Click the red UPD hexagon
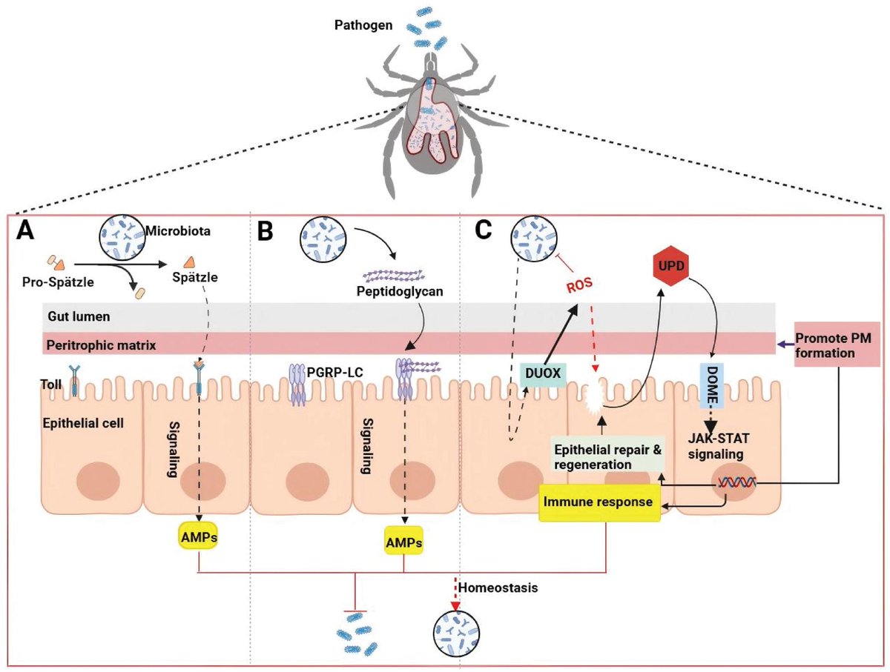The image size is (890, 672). point(671,266)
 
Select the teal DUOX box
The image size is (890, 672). point(543,373)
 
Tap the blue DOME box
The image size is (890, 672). point(712,385)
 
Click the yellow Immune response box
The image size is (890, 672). point(599,502)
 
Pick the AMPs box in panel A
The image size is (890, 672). point(199,537)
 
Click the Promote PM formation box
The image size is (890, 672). point(836,345)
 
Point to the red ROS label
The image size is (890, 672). point(579,285)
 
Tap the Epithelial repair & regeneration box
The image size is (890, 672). point(607,456)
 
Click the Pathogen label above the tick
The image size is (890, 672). point(363,25)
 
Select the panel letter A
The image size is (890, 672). point(25,232)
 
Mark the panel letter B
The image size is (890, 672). point(266,232)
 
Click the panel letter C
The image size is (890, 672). point(483,230)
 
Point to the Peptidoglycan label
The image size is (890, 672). point(400,291)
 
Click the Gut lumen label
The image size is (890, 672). point(79,316)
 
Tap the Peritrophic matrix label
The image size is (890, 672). point(101,345)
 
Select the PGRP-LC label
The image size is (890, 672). point(334,372)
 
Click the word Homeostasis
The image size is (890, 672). point(498,588)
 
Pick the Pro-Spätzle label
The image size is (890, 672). point(58,282)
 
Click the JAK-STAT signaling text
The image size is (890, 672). point(719,446)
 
